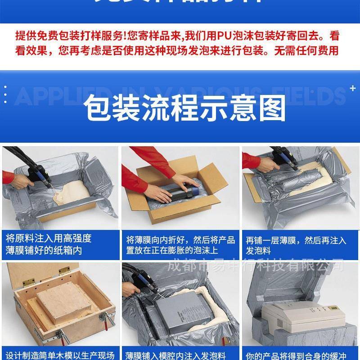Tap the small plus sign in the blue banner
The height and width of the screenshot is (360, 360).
click(x=353, y=88)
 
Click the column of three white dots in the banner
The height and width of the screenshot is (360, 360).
click(x=5, y=95)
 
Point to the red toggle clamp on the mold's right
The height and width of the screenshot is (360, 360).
click(x=108, y=321)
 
